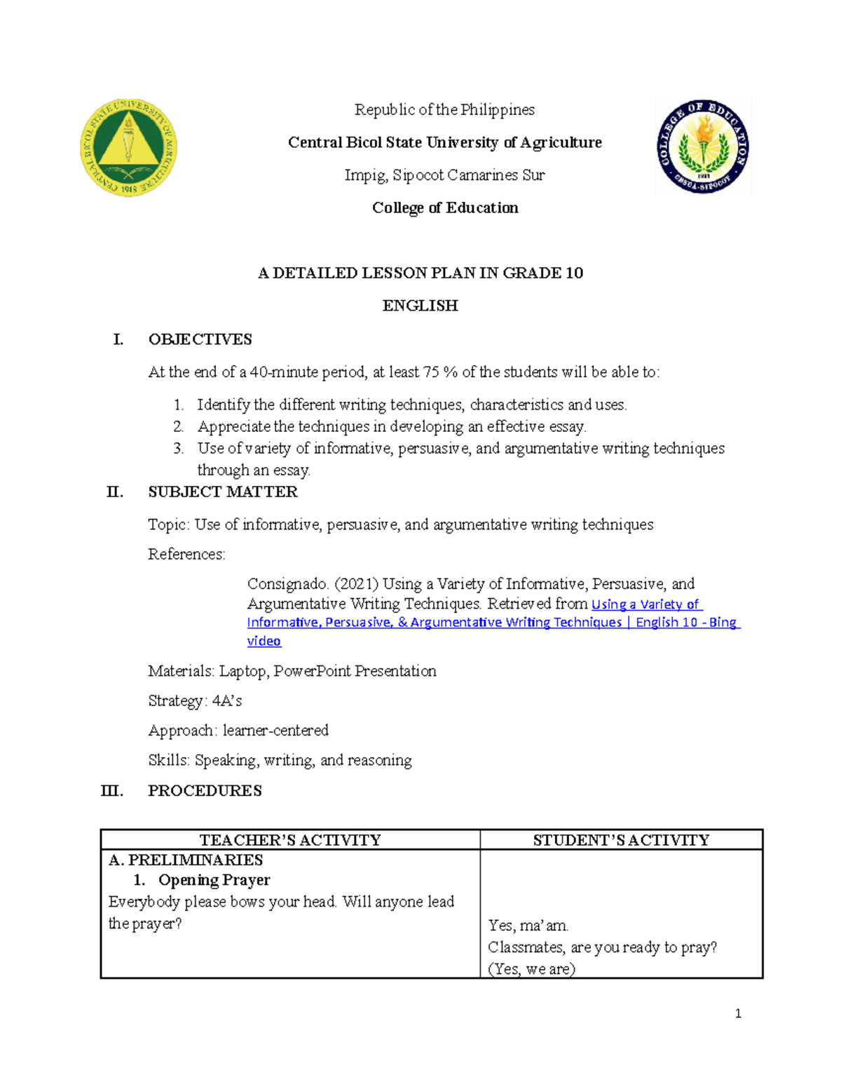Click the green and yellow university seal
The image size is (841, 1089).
pos(128,147)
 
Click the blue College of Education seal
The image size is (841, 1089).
pos(703,147)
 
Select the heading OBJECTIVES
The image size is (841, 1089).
pos(200,339)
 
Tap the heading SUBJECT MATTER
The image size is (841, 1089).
pos(222,492)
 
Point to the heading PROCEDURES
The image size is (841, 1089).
pos(205,790)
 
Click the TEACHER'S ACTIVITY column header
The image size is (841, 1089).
pos(290,840)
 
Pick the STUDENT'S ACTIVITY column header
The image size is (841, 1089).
pos(621,840)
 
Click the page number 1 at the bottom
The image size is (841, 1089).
pos(738,1013)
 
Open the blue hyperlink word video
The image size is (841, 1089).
pos(264,641)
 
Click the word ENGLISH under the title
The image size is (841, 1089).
pos(420,306)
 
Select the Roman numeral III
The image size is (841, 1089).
pos(112,790)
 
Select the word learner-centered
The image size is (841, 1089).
pos(275,730)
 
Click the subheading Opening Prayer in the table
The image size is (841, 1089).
pos(214,880)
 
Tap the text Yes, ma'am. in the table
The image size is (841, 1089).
pos(528,926)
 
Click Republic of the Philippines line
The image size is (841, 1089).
pos(444,109)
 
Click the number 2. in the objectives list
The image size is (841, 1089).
pos(179,426)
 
